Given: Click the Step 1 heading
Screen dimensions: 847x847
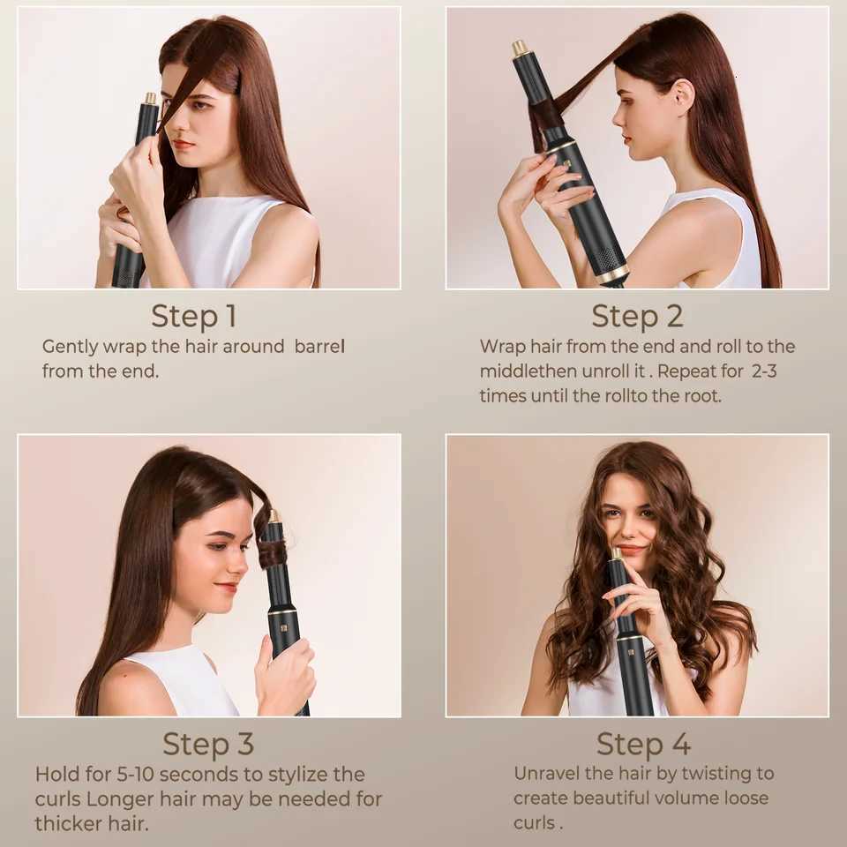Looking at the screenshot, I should (x=193, y=316).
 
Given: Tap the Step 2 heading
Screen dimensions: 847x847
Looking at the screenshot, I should (x=637, y=316).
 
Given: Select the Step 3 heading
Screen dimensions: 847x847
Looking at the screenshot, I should (x=208, y=744).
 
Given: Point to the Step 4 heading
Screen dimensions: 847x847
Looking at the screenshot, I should (x=642, y=744).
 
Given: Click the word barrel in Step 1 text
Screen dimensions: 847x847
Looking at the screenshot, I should (x=319, y=347).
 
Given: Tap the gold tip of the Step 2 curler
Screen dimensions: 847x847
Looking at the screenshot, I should (x=520, y=48).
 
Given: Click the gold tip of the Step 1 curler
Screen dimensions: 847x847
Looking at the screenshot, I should (x=151, y=98).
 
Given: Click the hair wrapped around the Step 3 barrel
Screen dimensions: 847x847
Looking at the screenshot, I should (x=273, y=553).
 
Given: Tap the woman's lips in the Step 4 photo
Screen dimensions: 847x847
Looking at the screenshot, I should (x=629, y=550).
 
